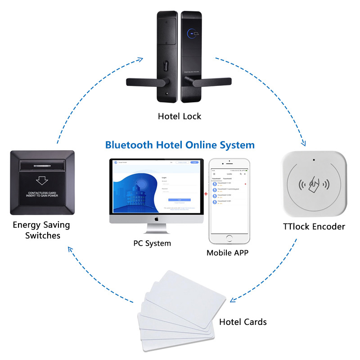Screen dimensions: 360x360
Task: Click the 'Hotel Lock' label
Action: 179,116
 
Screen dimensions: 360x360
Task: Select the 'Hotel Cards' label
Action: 243,322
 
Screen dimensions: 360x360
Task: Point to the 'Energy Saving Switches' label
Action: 41,230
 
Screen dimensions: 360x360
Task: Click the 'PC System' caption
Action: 152,243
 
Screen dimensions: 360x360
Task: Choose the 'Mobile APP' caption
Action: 227,253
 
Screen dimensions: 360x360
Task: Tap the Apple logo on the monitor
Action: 157,219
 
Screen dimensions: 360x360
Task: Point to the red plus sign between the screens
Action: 206,194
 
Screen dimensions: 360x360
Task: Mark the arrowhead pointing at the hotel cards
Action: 233,299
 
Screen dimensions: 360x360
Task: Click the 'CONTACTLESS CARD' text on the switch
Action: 42,192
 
